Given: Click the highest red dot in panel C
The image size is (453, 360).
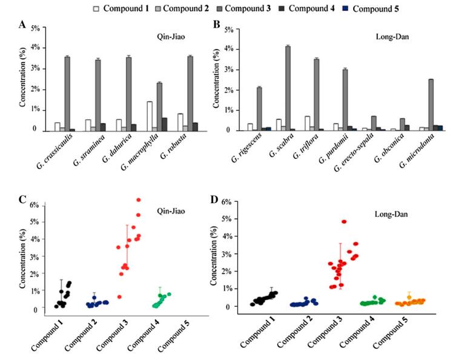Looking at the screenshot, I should coord(138,199).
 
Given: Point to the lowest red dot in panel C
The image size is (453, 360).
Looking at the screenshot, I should coord(119,296).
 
